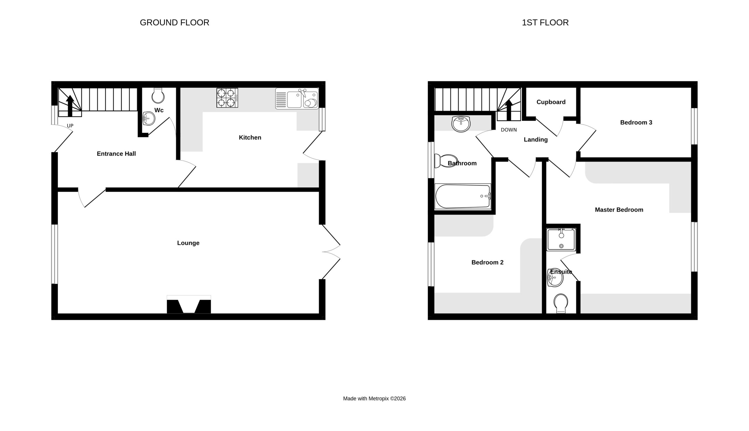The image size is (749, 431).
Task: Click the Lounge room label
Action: pyautogui.click(x=188, y=243)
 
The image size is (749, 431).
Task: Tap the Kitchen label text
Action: pyautogui.click(x=250, y=137)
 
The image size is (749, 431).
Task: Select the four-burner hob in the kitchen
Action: pyautogui.click(x=227, y=98)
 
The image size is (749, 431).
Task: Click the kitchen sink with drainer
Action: pyautogui.click(x=297, y=98)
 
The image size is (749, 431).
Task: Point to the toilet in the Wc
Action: pyautogui.click(x=158, y=95)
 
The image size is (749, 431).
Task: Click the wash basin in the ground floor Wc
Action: pyautogui.click(x=149, y=118)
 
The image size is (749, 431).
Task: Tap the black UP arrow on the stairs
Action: pyautogui.click(x=70, y=106)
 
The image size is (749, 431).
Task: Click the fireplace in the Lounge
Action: pyautogui.click(x=189, y=304)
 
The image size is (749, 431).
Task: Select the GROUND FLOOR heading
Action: pyautogui.click(x=175, y=22)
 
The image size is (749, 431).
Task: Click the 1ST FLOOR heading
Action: pyautogui.click(x=545, y=22)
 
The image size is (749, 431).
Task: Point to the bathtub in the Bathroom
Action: pyautogui.click(x=463, y=196)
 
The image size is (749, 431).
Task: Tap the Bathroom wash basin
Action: pyautogui.click(x=461, y=124)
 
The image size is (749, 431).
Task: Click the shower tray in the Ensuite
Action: pyautogui.click(x=561, y=240)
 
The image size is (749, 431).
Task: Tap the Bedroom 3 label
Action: pyautogui.click(x=636, y=122)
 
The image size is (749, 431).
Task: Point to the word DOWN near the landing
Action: pyautogui.click(x=509, y=130)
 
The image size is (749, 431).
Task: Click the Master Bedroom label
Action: pyautogui.click(x=619, y=210)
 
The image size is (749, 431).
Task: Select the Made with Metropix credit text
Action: pyautogui.click(x=374, y=399)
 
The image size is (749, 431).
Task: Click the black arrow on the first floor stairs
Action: pyautogui.click(x=509, y=110)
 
